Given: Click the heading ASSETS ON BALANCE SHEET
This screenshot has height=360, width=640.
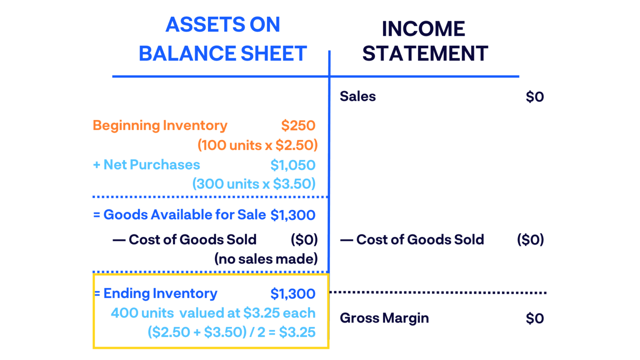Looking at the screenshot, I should pos(223,39).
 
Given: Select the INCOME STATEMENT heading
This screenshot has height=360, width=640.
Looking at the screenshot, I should pos(425,41).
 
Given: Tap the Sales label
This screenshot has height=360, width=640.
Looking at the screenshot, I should pos(357,96).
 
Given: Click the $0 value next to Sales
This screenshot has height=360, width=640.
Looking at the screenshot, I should pos(535,97).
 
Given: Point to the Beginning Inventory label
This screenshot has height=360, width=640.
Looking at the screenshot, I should pos(160,125).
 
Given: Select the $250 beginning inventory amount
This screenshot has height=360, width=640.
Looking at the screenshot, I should pos(298,125).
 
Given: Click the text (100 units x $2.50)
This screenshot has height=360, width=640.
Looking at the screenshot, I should pos(257,145).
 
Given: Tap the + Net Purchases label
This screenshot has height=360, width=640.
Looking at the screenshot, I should pos(147,165).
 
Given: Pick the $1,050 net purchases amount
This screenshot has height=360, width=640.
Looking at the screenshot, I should pos(292,165).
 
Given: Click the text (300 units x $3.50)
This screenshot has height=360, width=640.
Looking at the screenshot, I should pos(254,184).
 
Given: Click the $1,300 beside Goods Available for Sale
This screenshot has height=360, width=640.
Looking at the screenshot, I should pos(292,215).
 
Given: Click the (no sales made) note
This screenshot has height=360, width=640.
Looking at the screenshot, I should pos(266,259).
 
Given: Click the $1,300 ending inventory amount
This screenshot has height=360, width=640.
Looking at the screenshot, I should pos(292,294).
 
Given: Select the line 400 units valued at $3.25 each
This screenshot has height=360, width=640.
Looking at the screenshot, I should pos(213,313).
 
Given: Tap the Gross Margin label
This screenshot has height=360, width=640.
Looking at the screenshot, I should pos(384,318).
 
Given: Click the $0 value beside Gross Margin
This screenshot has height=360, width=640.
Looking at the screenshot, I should pos(535,318).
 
